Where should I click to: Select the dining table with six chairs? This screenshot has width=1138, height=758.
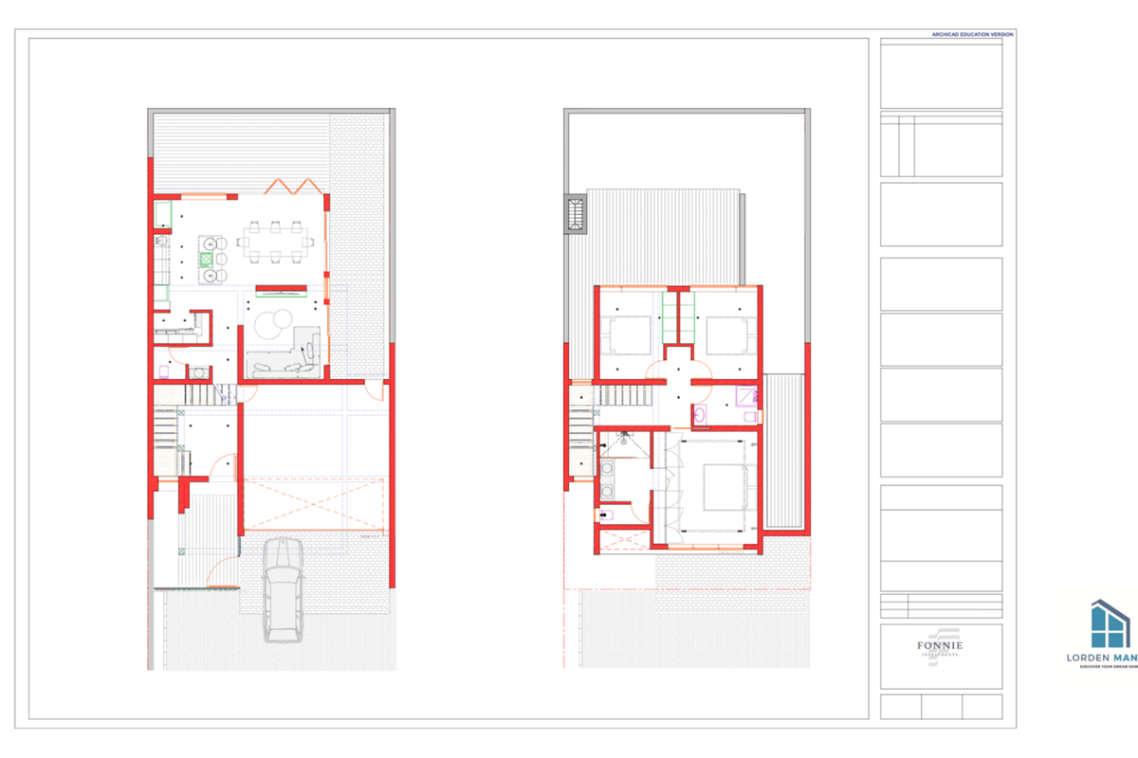(274, 241)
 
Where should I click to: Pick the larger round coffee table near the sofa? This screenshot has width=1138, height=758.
(275, 324)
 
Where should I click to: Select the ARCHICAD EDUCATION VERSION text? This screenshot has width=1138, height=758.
(973, 34)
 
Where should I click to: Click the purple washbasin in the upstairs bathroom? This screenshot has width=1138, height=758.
(699, 412)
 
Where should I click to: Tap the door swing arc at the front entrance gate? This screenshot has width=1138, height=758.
(224, 568)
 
